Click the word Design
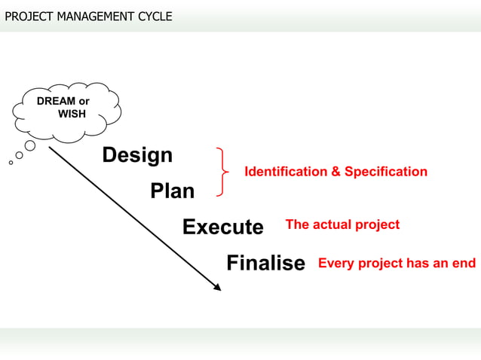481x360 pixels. click(x=137, y=156)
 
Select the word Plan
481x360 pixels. click(x=172, y=191)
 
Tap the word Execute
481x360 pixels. click(x=222, y=227)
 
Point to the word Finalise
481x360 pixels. click(x=265, y=263)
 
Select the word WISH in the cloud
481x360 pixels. click(x=72, y=114)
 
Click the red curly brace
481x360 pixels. click(x=222, y=172)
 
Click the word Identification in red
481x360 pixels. click(x=286, y=172)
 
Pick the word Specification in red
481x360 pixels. click(x=386, y=172)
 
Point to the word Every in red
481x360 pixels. click(x=336, y=263)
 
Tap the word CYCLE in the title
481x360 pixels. click(x=154, y=16)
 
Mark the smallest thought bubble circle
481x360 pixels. click(x=11, y=162)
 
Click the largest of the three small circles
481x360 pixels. click(x=30, y=145)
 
